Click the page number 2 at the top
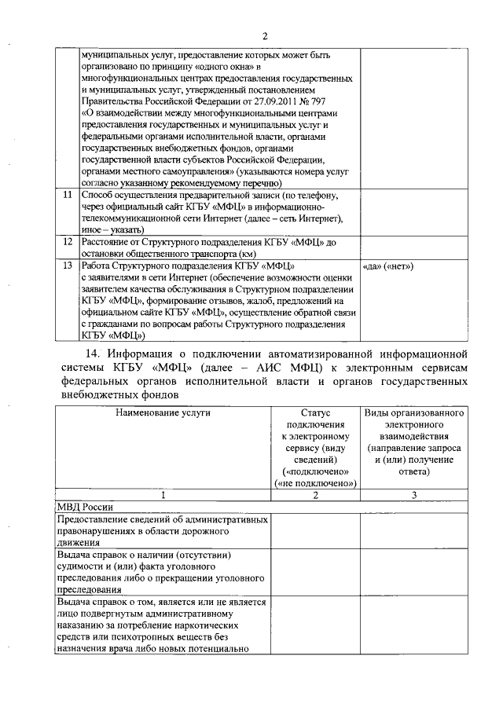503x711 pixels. tap(265, 35)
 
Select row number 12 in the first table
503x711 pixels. tap(68, 243)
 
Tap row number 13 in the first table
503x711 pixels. tap(68, 266)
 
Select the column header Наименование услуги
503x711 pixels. tap(163, 412)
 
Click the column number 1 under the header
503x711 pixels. tap(163, 494)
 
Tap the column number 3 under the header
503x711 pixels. tap(414, 494)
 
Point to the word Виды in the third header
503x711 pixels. tap(375, 412)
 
